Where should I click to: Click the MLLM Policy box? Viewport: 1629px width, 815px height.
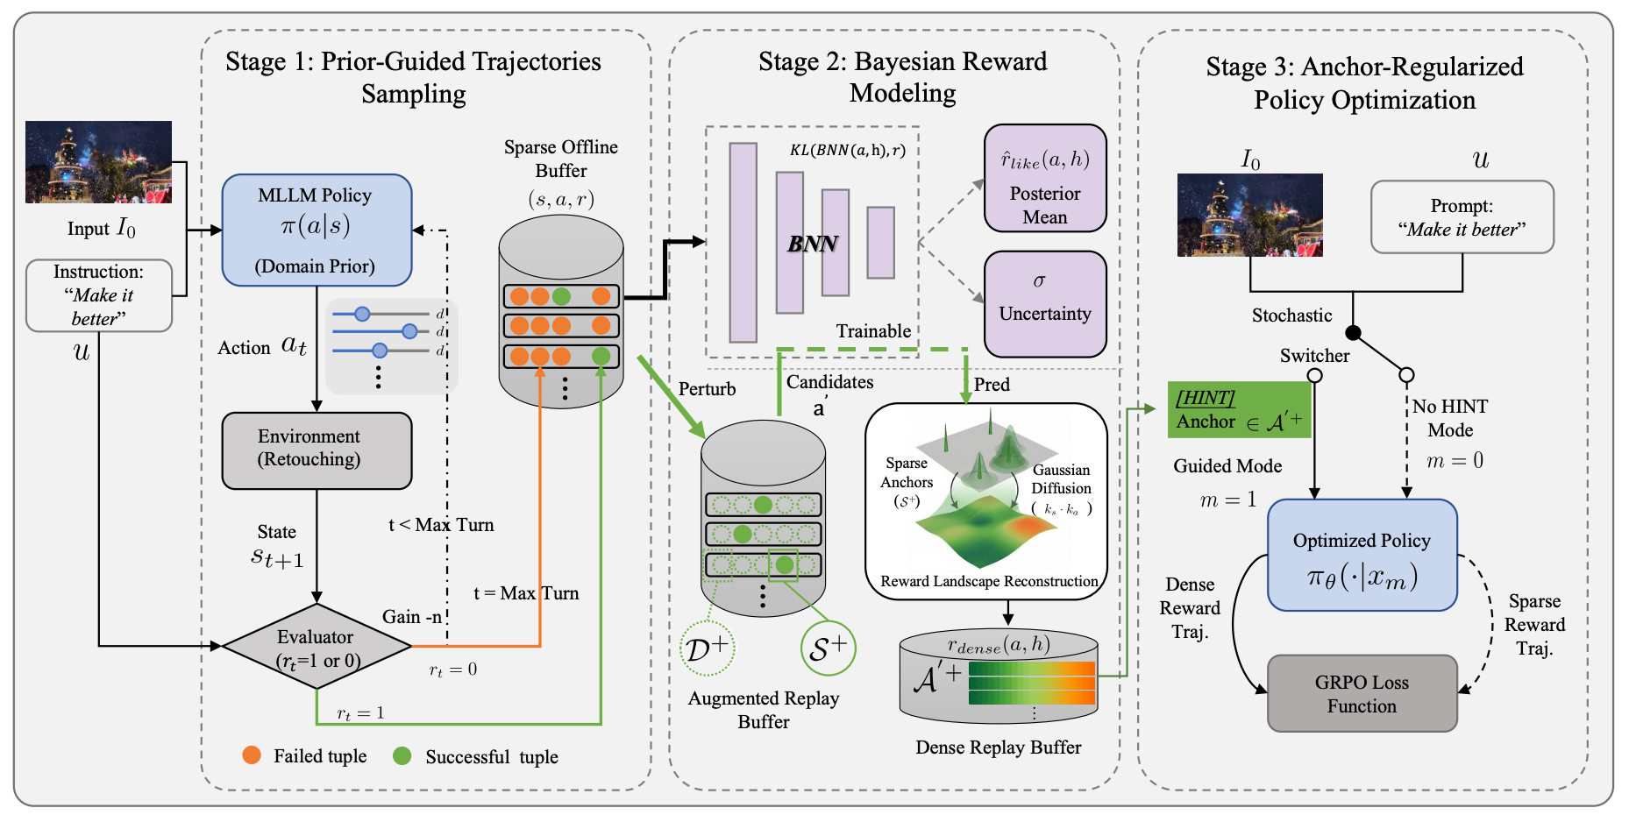tap(317, 230)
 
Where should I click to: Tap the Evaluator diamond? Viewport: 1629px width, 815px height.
tap(317, 647)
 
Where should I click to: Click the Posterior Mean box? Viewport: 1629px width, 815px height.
tap(1045, 178)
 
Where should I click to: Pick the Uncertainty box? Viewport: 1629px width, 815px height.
tap(1045, 304)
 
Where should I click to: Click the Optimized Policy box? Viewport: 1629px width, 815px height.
tap(1362, 555)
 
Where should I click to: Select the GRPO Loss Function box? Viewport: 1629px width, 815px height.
tap(1362, 693)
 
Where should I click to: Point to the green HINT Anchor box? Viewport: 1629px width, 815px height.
tap(1239, 410)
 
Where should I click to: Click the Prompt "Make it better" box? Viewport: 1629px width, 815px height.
tap(1462, 217)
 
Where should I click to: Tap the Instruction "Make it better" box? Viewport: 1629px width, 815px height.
tap(98, 295)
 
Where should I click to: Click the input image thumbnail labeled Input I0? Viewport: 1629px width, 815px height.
tap(98, 162)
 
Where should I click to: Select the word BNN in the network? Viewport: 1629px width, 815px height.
tap(813, 244)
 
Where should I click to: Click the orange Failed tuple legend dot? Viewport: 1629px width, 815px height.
tap(252, 755)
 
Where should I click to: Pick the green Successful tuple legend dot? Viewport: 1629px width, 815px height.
tap(402, 755)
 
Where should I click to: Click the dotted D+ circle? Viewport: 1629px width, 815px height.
tap(708, 648)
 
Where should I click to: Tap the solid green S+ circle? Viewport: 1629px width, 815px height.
tap(828, 648)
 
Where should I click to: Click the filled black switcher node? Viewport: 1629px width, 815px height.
tap(1353, 332)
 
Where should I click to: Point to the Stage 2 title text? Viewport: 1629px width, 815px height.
tap(902, 77)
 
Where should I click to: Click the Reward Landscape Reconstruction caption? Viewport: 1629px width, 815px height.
tap(989, 581)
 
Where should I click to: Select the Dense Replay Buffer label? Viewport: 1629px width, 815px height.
tap(998, 748)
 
